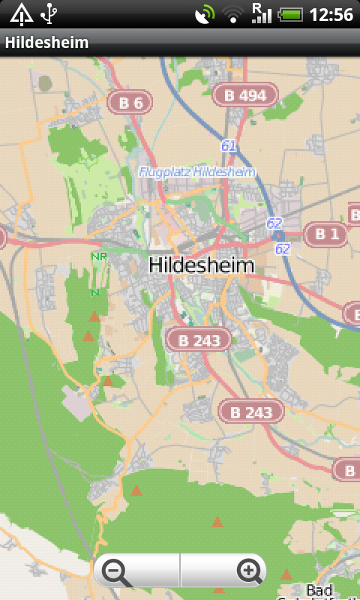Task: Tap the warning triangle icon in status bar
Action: point(20,13)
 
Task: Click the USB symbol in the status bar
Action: point(49,13)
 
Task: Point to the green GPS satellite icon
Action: point(204,14)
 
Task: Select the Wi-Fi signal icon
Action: point(233,14)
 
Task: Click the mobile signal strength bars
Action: point(262,16)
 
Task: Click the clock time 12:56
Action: point(331,14)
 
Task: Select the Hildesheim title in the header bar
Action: point(46,43)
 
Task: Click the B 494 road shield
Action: point(245,94)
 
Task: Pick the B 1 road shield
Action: point(326,234)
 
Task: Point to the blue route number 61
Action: point(229,145)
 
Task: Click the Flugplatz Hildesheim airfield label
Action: point(197,172)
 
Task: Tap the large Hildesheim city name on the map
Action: point(202,265)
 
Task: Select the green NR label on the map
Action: point(98,256)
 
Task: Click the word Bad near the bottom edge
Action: point(319,590)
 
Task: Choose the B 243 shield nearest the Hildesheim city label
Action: point(198,340)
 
